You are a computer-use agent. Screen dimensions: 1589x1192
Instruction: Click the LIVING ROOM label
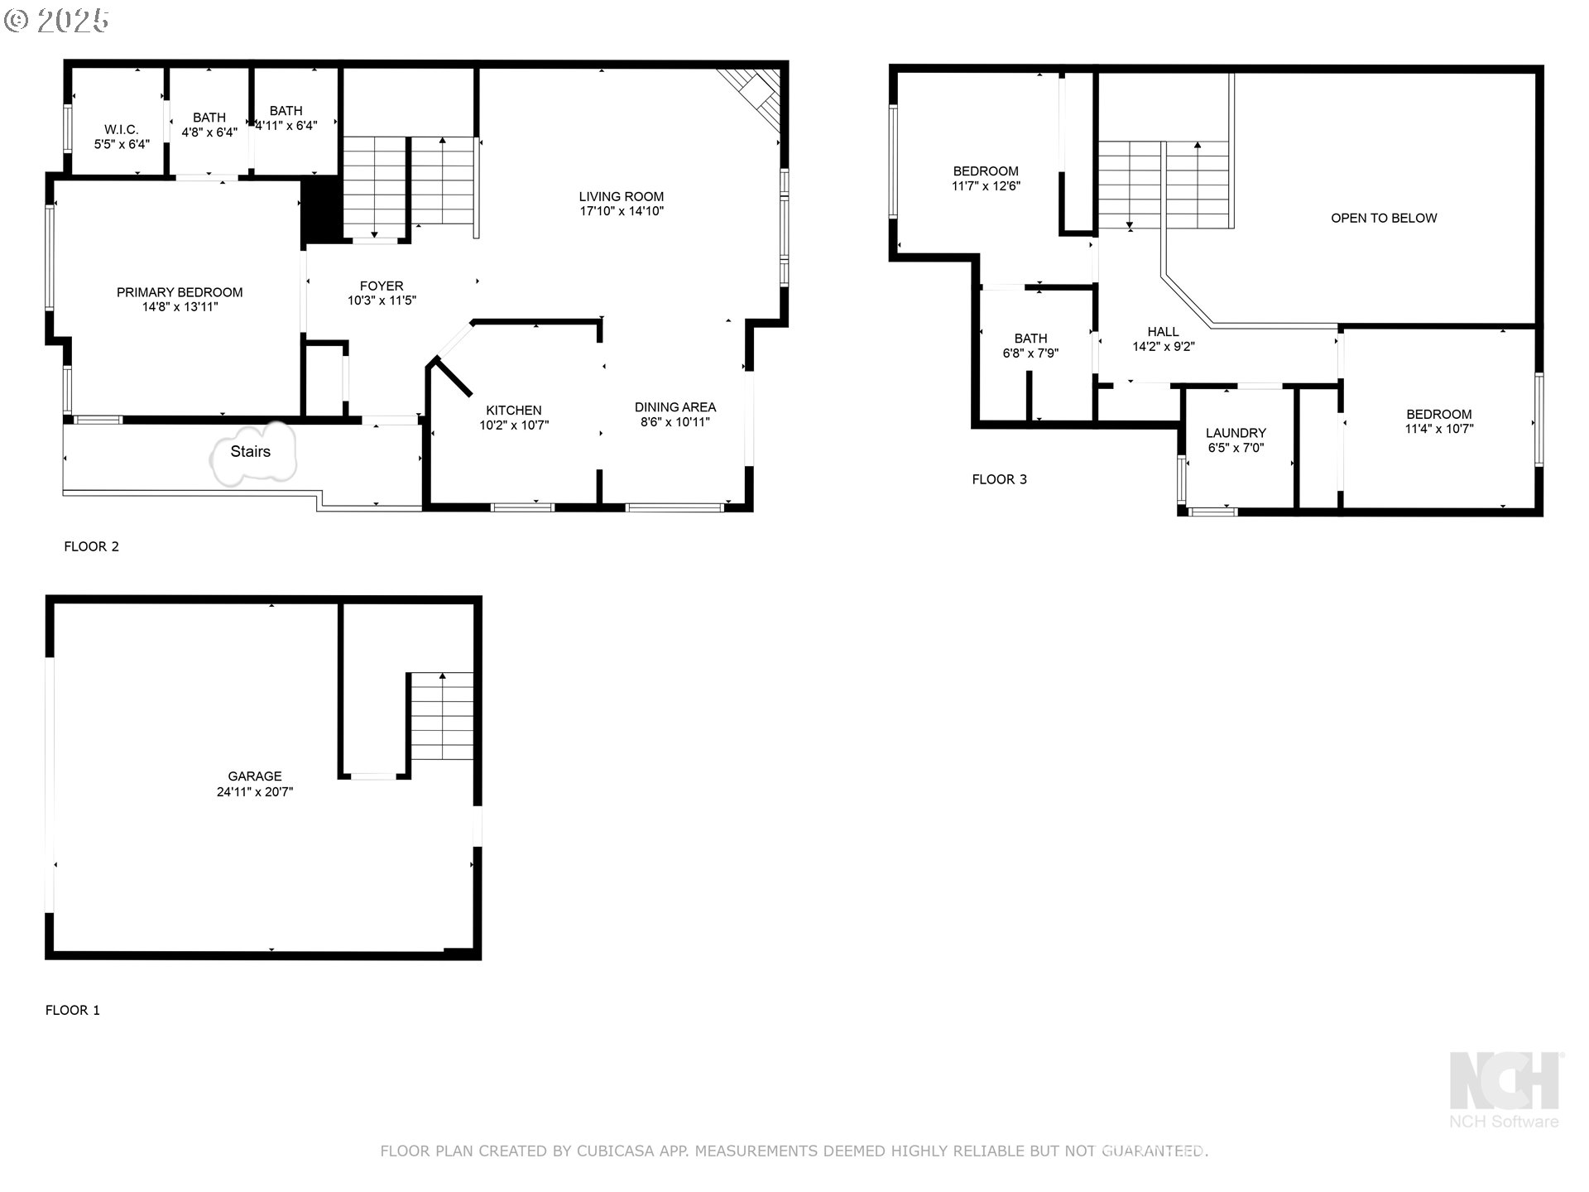(x=622, y=197)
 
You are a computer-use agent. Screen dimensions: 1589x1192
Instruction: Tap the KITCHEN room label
(x=514, y=411)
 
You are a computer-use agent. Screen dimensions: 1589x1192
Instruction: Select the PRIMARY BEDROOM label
(x=180, y=292)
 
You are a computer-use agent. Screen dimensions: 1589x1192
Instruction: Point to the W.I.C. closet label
(x=122, y=130)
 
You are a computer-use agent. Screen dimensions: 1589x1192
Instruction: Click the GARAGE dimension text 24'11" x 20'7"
(x=255, y=791)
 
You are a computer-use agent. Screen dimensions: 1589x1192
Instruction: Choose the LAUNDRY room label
(x=1236, y=433)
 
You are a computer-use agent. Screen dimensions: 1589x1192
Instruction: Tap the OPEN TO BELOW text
(x=1384, y=219)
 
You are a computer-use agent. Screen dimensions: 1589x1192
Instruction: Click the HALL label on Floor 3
(x=1163, y=332)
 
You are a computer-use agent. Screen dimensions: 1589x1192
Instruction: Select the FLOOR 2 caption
(x=92, y=546)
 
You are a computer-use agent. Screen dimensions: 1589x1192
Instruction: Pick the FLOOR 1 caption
(x=73, y=1010)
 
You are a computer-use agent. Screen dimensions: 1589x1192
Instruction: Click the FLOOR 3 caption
(x=1000, y=479)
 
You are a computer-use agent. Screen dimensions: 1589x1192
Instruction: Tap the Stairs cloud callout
(x=252, y=453)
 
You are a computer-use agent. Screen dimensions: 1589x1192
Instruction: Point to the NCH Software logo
(x=1505, y=1089)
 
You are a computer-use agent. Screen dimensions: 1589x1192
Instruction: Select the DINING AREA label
(x=675, y=407)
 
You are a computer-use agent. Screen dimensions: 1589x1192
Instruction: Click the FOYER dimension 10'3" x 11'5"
(x=382, y=300)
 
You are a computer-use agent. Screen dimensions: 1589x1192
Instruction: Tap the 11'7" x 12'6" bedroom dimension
(x=986, y=186)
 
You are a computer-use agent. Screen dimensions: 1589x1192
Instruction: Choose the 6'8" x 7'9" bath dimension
(x=1030, y=353)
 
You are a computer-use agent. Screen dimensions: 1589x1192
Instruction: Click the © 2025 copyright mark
(x=56, y=21)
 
